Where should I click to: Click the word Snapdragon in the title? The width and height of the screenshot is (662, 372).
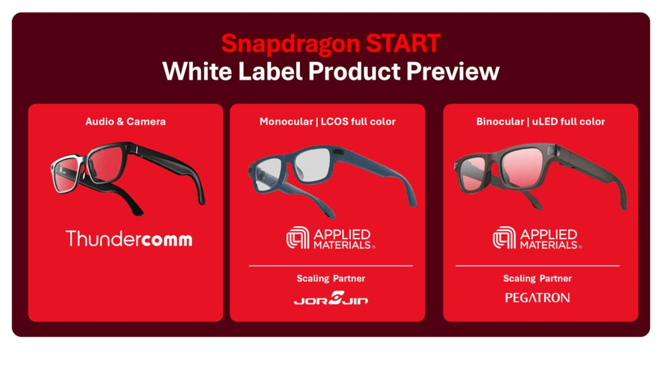click(291, 44)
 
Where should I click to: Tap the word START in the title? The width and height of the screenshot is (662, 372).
click(403, 43)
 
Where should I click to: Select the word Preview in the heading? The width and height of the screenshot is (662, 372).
click(453, 71)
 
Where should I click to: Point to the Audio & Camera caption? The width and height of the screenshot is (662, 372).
click(126, 121)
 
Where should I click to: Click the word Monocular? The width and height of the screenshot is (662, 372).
click(286, 121)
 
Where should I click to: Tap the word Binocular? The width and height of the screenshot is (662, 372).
click(500, 121)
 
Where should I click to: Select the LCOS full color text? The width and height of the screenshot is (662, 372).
click(358, 121)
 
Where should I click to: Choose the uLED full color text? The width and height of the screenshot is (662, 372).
click(568, 121)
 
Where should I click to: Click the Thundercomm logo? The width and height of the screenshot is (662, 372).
click(129, 238)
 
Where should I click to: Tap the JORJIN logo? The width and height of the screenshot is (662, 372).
click(331, 298)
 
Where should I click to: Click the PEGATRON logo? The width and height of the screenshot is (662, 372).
click(537, 298)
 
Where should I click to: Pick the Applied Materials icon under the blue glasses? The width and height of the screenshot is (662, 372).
click(297, 238)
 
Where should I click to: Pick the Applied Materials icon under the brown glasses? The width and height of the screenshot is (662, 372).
click(504, 238)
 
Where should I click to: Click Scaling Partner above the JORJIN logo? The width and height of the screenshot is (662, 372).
click(331, 278)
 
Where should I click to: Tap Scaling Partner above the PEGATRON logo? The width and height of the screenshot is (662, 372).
click(537, 278)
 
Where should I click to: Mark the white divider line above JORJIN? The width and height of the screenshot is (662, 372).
click(330, 266)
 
